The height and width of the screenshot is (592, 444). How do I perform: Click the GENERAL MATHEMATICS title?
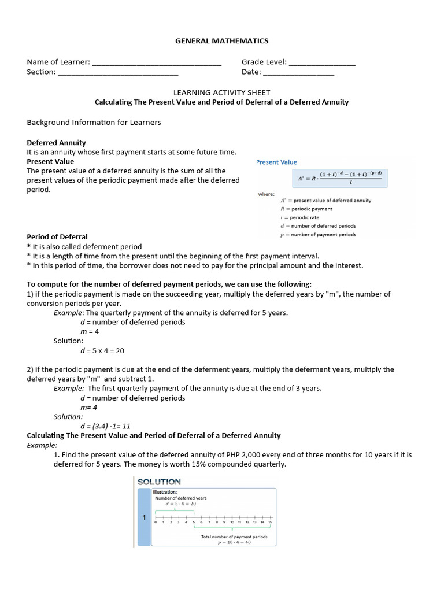coord(222,41)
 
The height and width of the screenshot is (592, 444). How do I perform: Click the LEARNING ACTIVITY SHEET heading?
coord(222,92)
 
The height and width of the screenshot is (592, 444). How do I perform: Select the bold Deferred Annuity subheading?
coord(57,143)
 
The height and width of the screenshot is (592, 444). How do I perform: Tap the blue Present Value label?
coord(276,162)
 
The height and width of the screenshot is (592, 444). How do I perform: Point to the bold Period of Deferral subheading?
coord(57,237)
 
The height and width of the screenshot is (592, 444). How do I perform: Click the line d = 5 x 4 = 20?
coord(102,351)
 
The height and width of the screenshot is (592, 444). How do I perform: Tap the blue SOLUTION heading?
coord(159,482)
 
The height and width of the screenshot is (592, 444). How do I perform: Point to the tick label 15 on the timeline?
coord(269,523)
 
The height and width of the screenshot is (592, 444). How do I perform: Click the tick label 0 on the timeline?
coord(155,523)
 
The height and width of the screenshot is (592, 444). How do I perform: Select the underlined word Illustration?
coord(165,492)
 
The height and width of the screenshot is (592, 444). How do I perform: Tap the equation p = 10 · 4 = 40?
coord(234,543)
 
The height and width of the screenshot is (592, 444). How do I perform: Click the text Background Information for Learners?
coord(94,123)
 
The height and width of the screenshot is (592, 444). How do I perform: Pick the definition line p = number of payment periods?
coord(318,235)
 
